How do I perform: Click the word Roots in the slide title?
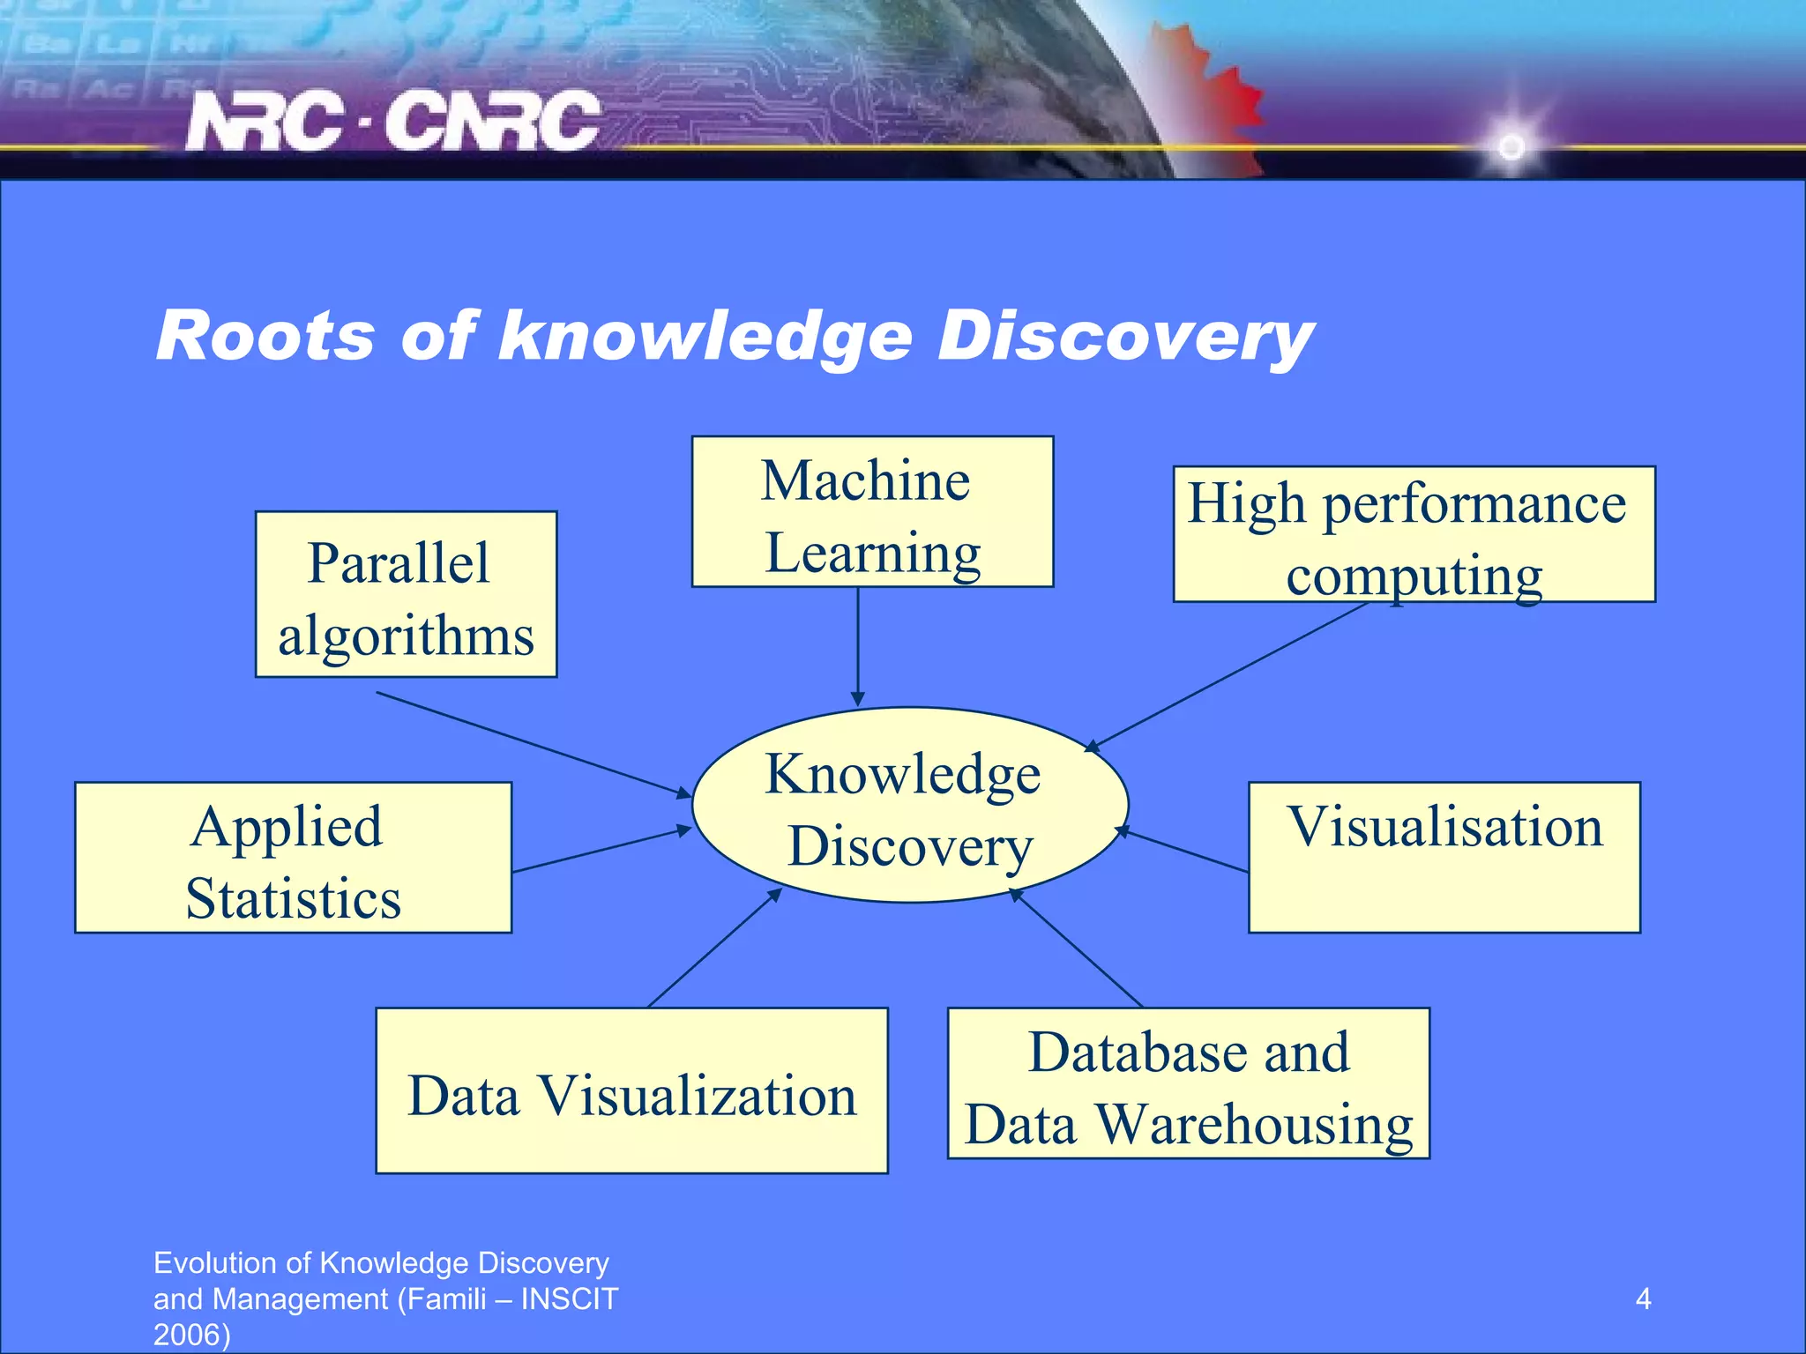click(x=265, y=336)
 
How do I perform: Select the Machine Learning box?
click(x=871, y=512)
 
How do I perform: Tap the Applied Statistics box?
click(x=293, y=858)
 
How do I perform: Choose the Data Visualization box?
click(x=631, y=1091)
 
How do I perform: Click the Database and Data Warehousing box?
click(x=1188, y=1083)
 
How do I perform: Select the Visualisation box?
click(x=1444, y=858)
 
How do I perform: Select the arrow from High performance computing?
click(x=1226, y=677)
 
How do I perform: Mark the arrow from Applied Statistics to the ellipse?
click(x=600, y=850)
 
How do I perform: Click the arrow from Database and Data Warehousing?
click(x=1077, y=948)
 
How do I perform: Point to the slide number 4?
click(x=1643, y=1298)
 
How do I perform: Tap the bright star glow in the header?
click(x=1511, y=145)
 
